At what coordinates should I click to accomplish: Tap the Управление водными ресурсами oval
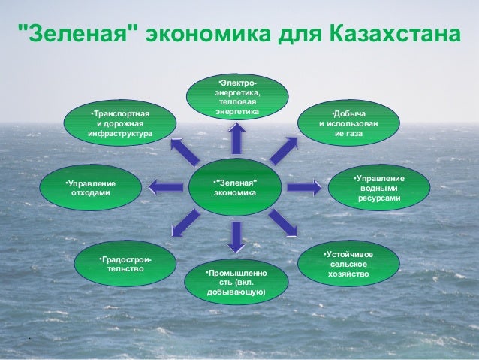379,188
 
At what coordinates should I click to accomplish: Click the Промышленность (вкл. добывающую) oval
236,280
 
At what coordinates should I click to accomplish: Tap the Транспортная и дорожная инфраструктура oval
120,124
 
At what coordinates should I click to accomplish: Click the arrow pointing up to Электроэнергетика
236,140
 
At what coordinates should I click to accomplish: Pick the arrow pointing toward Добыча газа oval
282,150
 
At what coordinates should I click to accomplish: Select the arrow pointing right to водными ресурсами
303,186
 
